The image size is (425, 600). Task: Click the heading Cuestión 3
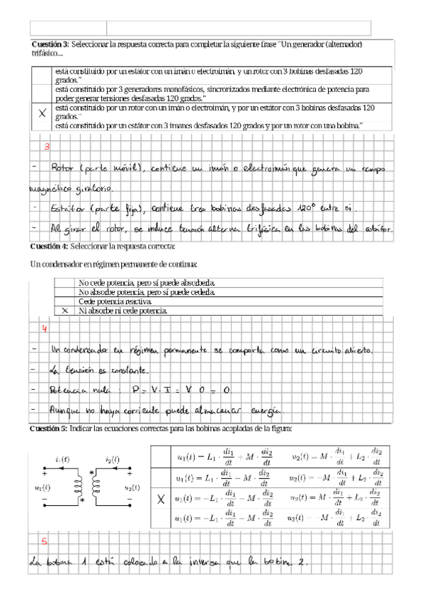coord(50,44)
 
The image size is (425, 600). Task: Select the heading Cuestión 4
coord(50,246)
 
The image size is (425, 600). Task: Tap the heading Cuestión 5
coord(50,429)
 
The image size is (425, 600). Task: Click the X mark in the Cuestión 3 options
coord(42,112)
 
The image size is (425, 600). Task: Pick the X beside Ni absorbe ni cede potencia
coord(64,310)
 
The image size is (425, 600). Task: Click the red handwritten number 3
coord(47,147)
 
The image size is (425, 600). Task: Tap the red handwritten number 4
coord(44,329)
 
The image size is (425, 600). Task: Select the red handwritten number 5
coord(44,543)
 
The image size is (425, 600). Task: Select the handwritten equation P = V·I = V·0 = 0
coord(177,390)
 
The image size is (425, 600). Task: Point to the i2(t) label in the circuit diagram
coord(113,460)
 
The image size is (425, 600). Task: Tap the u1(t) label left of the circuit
coord(42,487)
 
